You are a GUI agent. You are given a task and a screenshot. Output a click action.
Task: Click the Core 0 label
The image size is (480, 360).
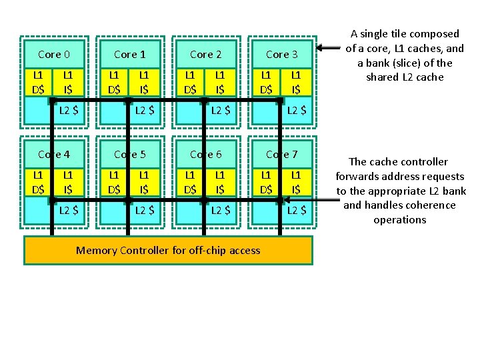[54, 54]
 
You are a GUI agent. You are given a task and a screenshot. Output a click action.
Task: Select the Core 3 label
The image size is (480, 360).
[281, 54]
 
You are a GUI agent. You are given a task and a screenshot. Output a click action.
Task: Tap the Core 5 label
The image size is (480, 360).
[130, 154]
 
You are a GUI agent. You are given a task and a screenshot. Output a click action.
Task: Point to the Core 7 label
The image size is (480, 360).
[281, 154]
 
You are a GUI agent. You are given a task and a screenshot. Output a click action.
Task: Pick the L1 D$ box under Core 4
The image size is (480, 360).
[39, 182]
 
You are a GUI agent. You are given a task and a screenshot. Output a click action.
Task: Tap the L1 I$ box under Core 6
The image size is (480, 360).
[219, 182]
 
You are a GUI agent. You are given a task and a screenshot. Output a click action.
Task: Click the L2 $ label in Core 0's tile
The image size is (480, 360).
[69, 111]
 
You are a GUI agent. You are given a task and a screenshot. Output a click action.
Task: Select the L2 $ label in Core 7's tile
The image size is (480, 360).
[297, 211]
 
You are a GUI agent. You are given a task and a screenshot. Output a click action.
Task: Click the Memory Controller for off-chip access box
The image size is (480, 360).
[168, 251]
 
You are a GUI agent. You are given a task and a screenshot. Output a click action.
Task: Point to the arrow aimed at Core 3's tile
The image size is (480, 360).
[327, 48]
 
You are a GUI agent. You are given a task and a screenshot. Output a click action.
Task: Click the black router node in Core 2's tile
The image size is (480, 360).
[204, 101]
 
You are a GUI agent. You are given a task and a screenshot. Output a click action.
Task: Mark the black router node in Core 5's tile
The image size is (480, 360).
[128, 200]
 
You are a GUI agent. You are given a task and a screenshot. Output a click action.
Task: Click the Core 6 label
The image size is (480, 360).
[205, 154]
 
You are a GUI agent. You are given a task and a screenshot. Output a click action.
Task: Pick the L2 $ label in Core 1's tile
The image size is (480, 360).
[145, 111]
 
